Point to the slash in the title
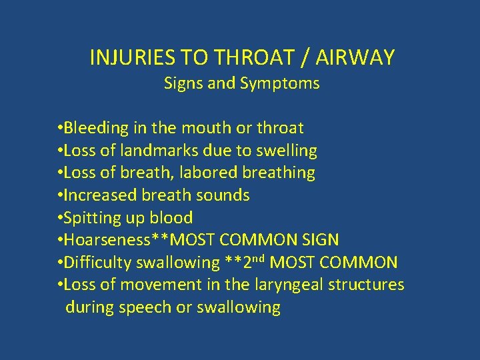pyautogui.click(x=304, y=58)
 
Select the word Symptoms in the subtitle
pyautogui.click(x=287, y=83)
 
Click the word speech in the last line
pyautogui.click(x=144, y=307)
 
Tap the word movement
pyautogui.click(x=153, y=285)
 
